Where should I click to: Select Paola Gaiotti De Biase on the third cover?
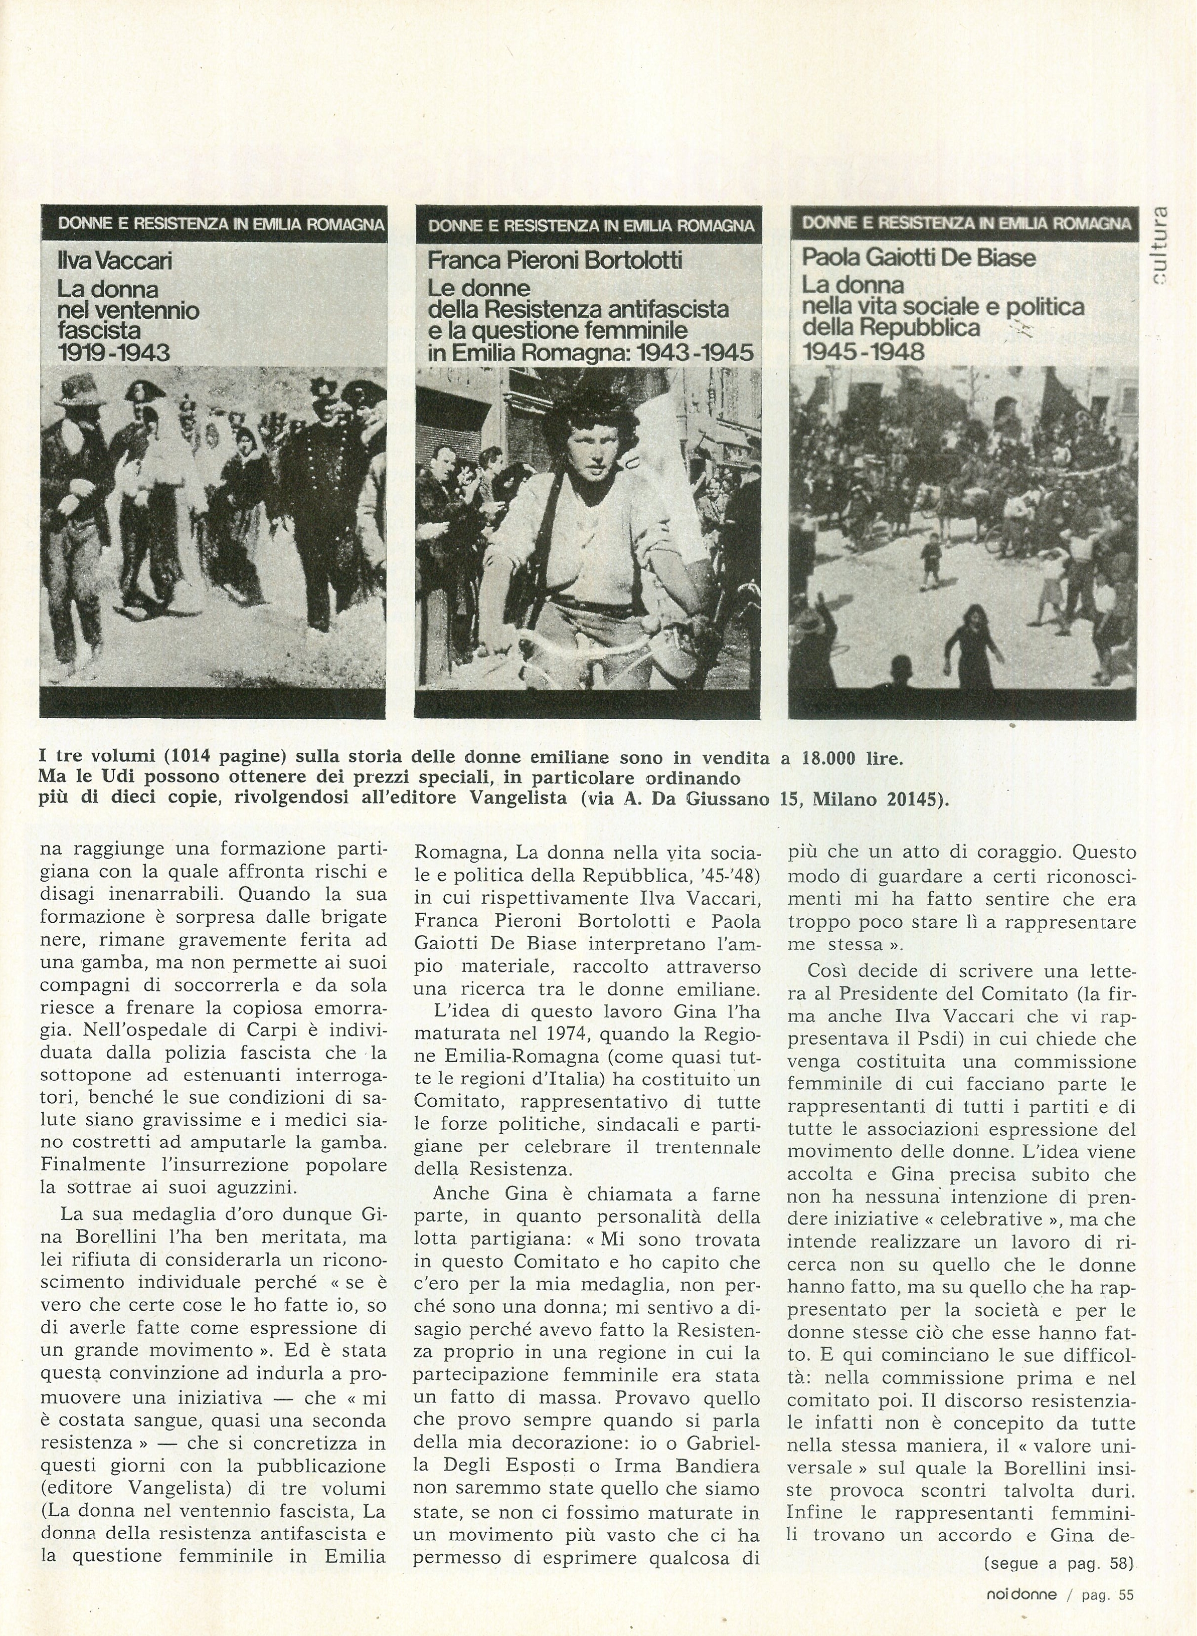pos(918,257)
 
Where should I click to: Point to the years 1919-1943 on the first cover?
pos(114,353)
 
